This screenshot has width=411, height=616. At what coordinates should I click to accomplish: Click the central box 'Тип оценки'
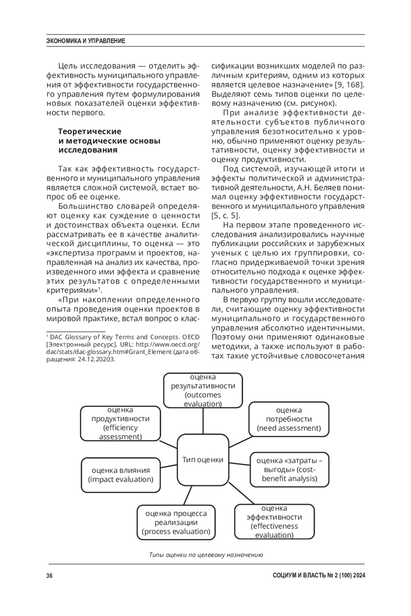pyautogui.click(x=203, y=459)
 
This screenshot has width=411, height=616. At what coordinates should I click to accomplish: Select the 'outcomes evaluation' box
pyautogui.click(x=203, y=390)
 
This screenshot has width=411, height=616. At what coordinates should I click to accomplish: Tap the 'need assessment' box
pyautogui.click(x=289, y=419)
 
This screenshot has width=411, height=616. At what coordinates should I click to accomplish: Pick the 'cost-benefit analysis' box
pyautogui.click(x=289, y=469)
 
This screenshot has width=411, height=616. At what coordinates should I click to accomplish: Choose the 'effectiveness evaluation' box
pyautogui.click(x=274, y=521)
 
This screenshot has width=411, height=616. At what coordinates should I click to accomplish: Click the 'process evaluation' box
pyautogui.click(x=176, y=522)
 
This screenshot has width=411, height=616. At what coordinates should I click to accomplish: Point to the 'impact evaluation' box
pyautogui.click(x=121, y=475)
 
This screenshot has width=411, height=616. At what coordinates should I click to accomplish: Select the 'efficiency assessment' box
pyautogui.click(x=120, y=423)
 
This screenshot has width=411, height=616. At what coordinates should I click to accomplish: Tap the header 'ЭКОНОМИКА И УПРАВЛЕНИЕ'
pyautogui.click(x=86, y=41)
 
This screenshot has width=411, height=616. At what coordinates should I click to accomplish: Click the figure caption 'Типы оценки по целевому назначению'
pyautogui.click(x=206, y=555)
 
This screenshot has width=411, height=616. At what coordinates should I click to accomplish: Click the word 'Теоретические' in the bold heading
pyautogui.click(x=90, y=131)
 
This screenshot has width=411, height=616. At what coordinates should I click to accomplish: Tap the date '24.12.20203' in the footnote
pyautogui.click(x=96, y=360)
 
